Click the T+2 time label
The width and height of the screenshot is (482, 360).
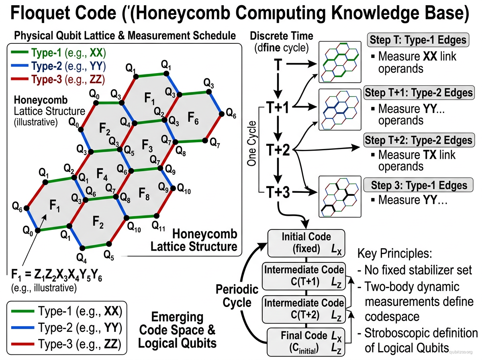click(278, 150)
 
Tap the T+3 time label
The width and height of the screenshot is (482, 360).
click(278, 193)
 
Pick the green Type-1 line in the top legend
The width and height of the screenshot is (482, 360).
click(18, 52)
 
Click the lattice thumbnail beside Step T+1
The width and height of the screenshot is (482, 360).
click(338, 110)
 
